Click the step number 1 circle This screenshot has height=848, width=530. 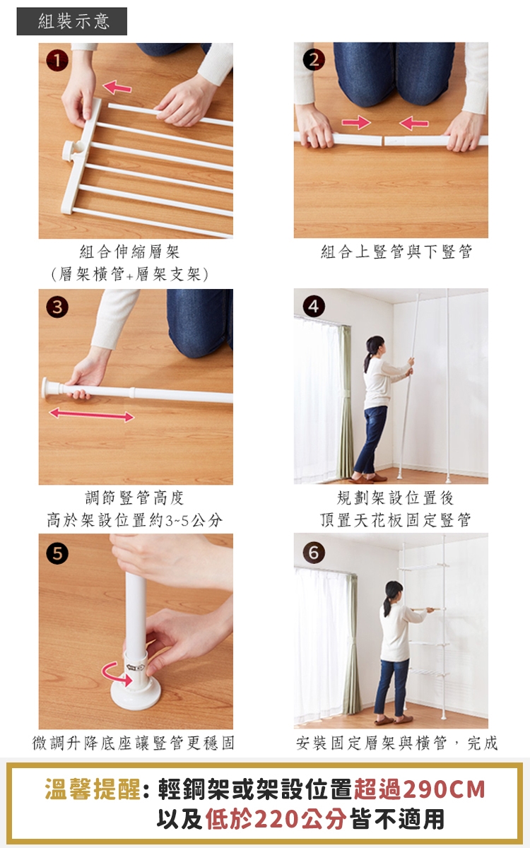point(57,61)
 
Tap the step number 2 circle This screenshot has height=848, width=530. point(314,61)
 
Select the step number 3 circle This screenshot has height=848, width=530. point(57,307)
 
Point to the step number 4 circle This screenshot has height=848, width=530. point(314,306)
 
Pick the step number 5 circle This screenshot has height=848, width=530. point(57,553)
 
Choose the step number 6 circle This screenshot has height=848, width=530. point(314,553)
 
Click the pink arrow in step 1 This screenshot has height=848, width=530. point(117,88)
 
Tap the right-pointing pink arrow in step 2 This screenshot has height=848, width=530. point(356,122)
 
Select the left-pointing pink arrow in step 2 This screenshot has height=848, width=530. point(414,123)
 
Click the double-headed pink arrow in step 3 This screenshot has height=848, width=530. point(92,414)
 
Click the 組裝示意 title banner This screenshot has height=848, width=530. point(72,21)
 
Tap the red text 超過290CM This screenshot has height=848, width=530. point(420,789)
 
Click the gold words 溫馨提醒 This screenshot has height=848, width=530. point(93,789)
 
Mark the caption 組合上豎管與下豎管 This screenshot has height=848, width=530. point(396,252)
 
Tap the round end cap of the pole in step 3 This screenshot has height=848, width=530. point(47,388)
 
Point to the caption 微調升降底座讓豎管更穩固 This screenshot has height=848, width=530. point(134,743)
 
